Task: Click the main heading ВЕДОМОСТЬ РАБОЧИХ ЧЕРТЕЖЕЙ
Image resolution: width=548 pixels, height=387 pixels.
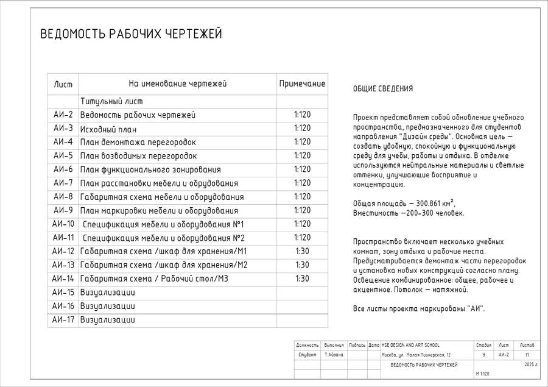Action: click(131, 34)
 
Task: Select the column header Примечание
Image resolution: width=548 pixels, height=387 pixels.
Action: click(302, 84)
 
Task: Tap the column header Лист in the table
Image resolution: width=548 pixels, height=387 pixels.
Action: click(63, 84)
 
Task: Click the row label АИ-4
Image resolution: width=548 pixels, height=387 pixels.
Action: click(63, 142)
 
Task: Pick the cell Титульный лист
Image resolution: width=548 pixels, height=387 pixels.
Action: click(111, 102)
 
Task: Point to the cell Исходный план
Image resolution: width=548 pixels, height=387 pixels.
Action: click(108, 129)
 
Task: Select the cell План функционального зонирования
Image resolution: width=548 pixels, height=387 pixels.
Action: click(150, 169)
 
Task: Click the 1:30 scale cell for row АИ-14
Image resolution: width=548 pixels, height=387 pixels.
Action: click(302, 279)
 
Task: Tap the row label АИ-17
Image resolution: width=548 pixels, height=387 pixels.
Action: click(63, 319)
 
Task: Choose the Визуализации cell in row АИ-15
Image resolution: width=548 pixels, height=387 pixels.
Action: click(108, 293)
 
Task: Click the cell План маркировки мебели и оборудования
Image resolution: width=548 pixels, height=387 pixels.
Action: click(159, 211)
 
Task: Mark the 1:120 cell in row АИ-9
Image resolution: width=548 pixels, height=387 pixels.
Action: click(302, 210)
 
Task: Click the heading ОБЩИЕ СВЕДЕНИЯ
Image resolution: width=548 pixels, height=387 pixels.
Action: click(383, 89)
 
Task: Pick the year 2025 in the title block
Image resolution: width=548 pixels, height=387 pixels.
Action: click(527, 364)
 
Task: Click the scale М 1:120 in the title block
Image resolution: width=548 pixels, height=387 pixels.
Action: click(483, 374)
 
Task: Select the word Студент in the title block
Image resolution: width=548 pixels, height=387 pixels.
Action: click(306, 355)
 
